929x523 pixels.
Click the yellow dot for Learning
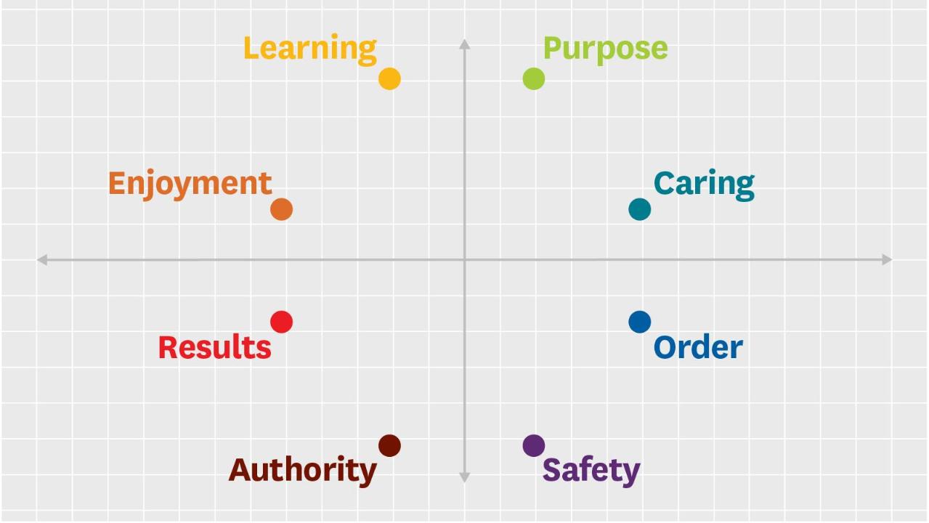(x=389, y=78)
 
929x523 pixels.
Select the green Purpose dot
(x=534, y=78)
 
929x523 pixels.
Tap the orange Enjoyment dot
(x=281, y=209)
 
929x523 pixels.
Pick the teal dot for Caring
(x=639, y=209)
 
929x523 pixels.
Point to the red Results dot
(x=281, y=322)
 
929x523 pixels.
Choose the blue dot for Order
(x=639, y=322)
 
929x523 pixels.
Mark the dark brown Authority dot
(x=389, y=445)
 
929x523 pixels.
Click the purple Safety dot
(x=534, y=445)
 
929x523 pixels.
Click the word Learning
(x=310, y=49)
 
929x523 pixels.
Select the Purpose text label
(x=605, y=49)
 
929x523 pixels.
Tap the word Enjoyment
(x=190, y=183)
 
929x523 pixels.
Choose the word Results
(x=214, y=347)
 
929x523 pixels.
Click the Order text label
(x=698, y=347)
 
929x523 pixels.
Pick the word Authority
(x=303, y=471)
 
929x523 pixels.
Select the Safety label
(x=591, y=471)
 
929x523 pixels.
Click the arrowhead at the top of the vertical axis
(x=465, y=44)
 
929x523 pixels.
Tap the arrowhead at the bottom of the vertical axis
(x=465, y=477)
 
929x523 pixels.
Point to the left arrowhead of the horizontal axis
(x=42, y=259)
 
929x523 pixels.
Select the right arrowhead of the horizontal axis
(x=887, y=259)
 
